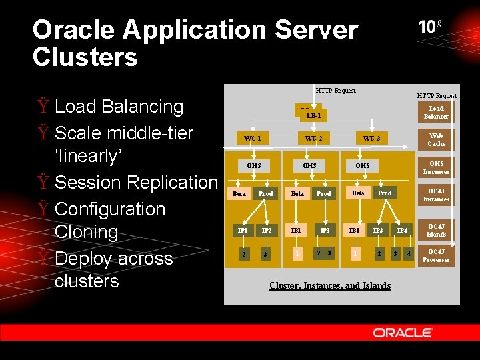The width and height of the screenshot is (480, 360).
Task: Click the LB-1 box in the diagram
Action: (313, 115)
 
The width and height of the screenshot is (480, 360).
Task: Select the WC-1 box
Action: (252, 138)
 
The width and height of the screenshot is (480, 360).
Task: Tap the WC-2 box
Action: (313, 138)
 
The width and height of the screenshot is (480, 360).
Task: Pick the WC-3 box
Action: (371, 138)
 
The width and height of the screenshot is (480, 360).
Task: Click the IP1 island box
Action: (243, 231)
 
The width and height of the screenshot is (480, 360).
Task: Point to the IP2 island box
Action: (266, 231)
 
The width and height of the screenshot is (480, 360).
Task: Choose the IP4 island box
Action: (402, 231)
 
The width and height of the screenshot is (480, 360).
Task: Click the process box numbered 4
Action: (409, 254)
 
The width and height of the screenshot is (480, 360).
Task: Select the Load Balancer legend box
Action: (436, 112)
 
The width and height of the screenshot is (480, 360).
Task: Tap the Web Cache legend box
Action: (436, 139)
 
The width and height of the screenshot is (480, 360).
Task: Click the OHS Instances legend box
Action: (436, 167)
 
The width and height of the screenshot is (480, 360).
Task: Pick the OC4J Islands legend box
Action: (436, 230)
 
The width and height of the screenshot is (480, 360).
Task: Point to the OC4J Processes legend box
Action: (436, 255)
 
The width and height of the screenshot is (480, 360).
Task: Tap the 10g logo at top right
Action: (430, 27)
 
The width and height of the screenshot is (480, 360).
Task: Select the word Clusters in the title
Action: (85, 57)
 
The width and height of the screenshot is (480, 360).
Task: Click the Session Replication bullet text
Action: (136, 182)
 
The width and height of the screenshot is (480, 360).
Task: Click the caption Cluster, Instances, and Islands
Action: (330, 285)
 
